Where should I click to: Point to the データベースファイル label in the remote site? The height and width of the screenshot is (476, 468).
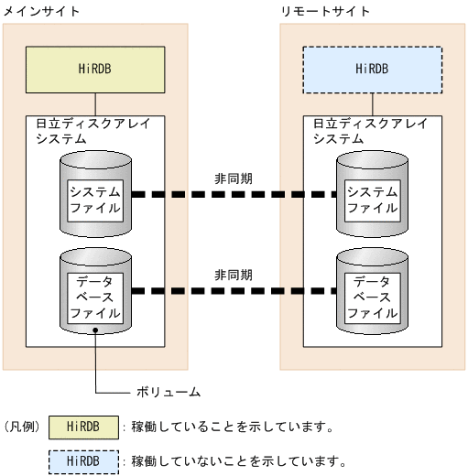coord(371,296)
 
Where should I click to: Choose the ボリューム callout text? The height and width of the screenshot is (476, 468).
coord(169,392)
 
